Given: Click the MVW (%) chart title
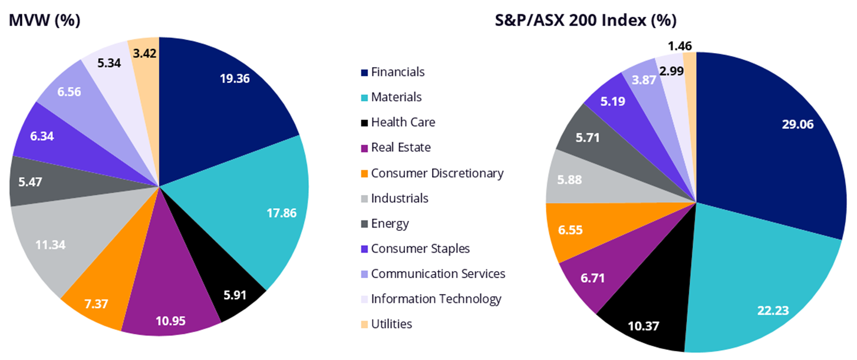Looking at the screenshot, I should click(x=44, y=20).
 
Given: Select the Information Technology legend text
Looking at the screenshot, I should click(x=436, y=299).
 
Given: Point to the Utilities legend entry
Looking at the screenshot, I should click(x=391, y=323).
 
